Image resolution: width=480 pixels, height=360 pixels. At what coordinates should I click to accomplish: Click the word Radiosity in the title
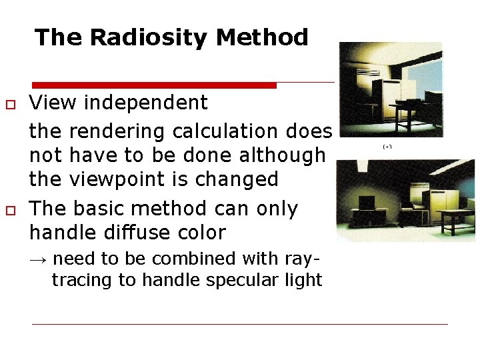click(x=150, y=37)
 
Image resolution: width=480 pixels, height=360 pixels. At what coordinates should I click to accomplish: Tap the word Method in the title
click(x=263, y=37)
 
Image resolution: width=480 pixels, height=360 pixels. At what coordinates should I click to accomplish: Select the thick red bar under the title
click(x=154, y=85)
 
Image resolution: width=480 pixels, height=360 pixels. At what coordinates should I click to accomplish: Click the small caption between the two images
click(x=387, y=145)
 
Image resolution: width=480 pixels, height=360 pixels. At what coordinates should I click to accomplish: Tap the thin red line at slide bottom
click(x=240, y=324)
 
